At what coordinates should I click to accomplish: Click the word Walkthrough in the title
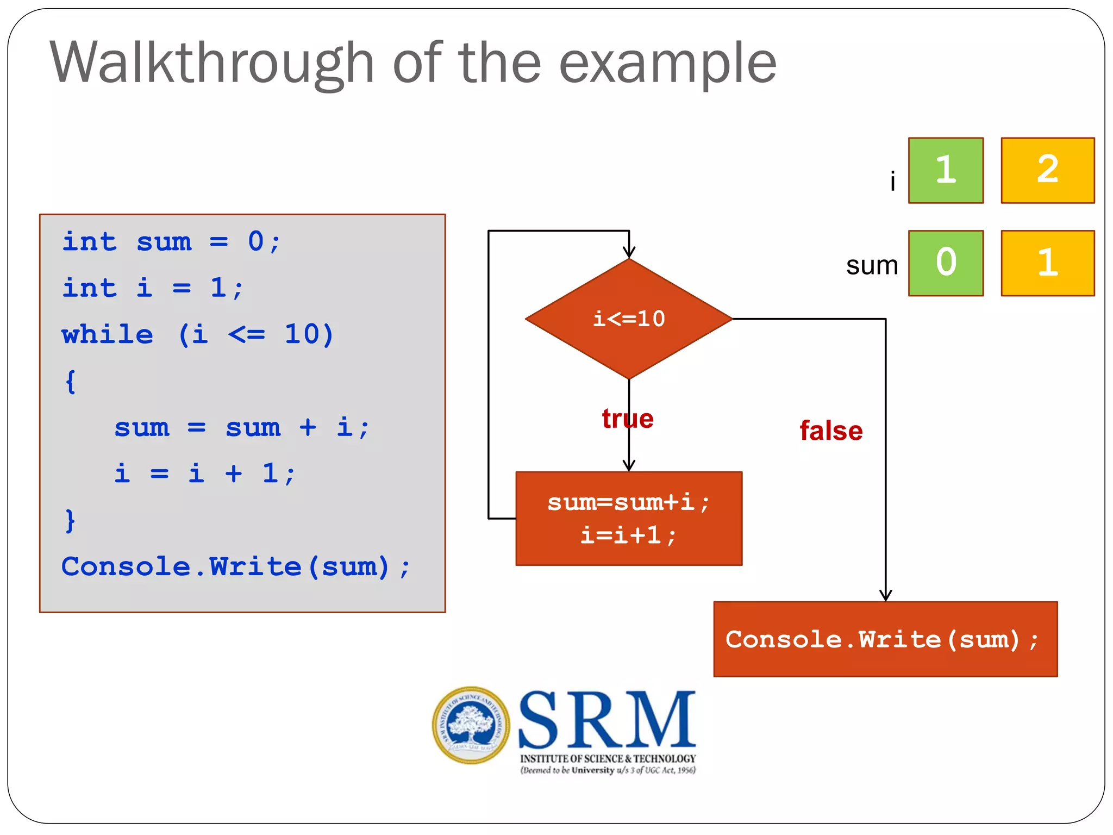click(212, 64)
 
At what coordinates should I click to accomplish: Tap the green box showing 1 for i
click(946, 170)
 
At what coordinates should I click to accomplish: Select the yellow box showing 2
click(1047, 170)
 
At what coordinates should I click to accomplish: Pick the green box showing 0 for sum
click(946, 263)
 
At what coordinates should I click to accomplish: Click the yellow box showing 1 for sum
click(1047, 263)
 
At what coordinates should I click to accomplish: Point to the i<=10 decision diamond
click(629, 319)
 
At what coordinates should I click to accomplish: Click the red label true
click(628, 419)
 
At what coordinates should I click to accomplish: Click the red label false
click(830, 431)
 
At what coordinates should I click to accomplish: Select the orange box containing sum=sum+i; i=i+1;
click(629, 519)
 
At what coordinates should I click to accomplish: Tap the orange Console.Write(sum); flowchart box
click(885, 639)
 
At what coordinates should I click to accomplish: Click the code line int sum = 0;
click(171, 241)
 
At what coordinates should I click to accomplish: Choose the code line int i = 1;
click(152, 288)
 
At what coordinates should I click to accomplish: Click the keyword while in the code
click(108, 334)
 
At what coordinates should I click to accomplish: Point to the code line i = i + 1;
click(204, 473)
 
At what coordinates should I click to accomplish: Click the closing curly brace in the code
click(70, 521)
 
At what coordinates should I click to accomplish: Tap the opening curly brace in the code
click(70, 382)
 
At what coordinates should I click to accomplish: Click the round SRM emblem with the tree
click(471, 725)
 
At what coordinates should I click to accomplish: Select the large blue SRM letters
click(607, 720)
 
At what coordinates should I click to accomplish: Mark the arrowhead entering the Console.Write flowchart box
click(885, 596)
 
